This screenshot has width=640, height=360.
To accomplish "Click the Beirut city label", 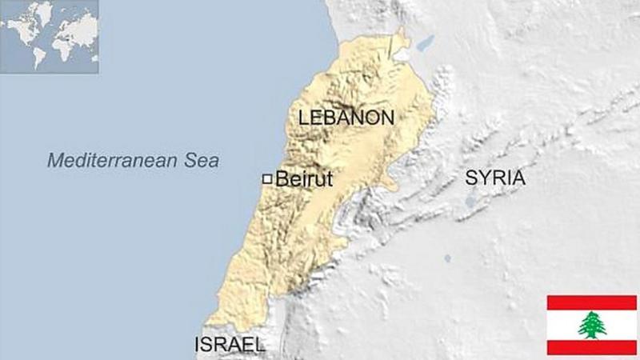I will pyautogui.click(x=303, y=179).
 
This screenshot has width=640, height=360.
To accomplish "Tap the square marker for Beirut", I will pyautogui.click(x=267, y=179).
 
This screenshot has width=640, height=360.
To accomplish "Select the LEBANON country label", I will pyautogui.click(x=346, y=118).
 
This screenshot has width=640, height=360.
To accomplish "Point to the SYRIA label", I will pyautogui.click(x=495, y=178).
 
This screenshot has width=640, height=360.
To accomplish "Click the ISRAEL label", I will pyautogui.click(x=230, y=345).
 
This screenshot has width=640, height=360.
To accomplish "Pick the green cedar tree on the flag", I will pyautogui.click(x=592, y=325).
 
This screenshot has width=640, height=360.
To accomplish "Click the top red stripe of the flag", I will pyautogui.click(x=592, y=302).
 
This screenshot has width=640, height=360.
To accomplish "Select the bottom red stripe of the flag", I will pyautogui.click(x=592, y=347).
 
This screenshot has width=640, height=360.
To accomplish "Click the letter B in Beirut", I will pyautogui.click(x=281, y=179).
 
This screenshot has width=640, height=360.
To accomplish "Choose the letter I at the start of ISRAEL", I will pyautogui.click(x=198, y=345).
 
